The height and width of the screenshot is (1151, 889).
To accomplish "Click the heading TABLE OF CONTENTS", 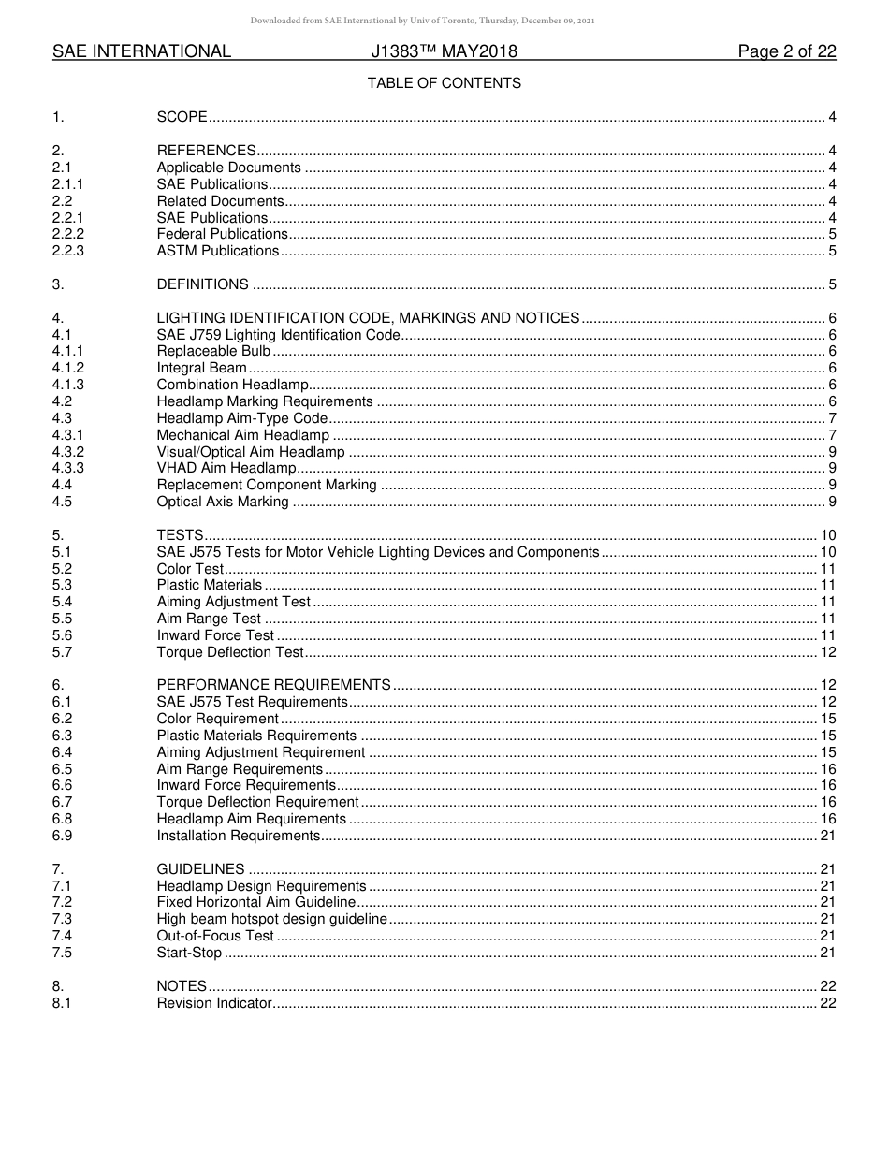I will (x=444, y=83).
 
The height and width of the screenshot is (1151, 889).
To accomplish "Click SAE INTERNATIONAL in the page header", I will (x=141, y=51).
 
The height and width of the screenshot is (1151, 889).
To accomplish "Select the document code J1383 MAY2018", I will (x=444, y=51).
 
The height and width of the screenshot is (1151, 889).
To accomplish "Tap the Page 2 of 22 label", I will (x=786, y=51).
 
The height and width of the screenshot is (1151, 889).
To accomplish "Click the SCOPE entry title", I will (x=182, y=117).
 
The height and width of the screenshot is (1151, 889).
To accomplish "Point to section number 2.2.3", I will (x=68, y=251).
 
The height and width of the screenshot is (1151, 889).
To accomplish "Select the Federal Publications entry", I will (x=222, y=234).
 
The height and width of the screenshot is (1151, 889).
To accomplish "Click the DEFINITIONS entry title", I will (x=202, y=284).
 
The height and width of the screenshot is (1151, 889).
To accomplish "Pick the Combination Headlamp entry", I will (x=231, y=385).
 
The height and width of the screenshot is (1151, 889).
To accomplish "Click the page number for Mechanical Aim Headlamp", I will (x=832, y=435).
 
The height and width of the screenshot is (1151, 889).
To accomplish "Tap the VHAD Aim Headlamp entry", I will (x=226, y=468).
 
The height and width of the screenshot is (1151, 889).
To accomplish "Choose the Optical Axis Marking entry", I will (x=223, y=502).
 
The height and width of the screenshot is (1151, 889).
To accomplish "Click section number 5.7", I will (x=62, y=652).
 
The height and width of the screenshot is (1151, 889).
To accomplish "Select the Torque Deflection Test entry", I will (x=230, y=652).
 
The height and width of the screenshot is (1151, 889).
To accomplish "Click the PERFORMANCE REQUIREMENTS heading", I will (x=273, y=685).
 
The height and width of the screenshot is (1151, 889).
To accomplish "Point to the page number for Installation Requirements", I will (x=827, y=836).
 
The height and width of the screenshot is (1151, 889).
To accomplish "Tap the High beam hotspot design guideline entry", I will (x=271, y=919).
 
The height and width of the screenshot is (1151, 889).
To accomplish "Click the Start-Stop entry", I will (x=189, y=953).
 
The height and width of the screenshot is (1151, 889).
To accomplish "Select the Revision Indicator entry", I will (x=214, y=1003).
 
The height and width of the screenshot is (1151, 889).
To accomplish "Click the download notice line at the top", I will (x=422, y=21).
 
